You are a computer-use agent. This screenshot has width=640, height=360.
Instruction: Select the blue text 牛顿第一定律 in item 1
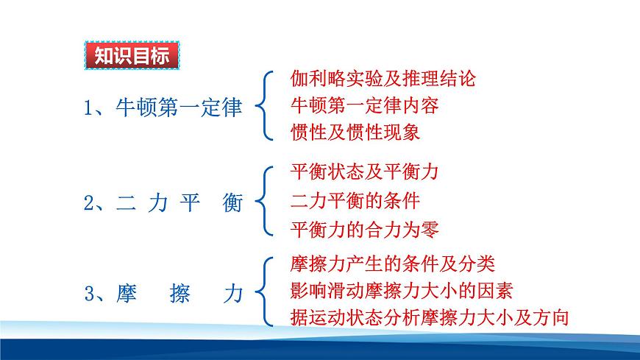[x=179, y=108]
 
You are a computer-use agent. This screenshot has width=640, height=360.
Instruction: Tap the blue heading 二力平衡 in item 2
[x=179, y=204]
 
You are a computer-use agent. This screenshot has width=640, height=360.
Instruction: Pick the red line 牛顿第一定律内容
[x=365, y=105]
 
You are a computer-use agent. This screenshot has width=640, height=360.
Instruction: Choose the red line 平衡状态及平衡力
[x=365, y=172]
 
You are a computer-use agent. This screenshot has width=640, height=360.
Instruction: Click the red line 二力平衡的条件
[x=355, y=200]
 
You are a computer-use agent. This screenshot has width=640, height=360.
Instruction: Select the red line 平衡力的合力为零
[x=365, y=228]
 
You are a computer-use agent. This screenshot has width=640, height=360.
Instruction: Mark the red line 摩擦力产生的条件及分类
[x=393, y=263]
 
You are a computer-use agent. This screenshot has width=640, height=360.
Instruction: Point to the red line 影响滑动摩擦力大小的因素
[x=402, y=290]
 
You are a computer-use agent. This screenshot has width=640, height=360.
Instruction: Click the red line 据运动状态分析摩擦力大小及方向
[x=430, y=317]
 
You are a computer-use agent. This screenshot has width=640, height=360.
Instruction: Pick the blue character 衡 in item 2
[x=231, y=204]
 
